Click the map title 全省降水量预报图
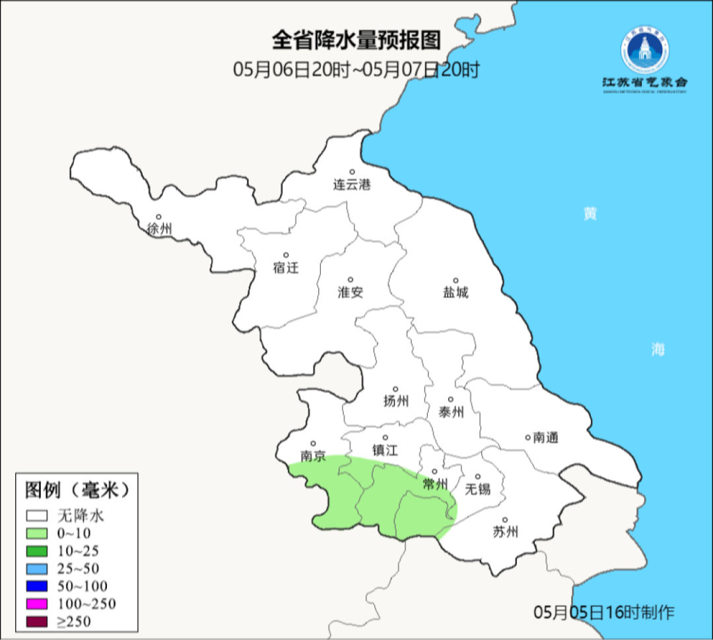point(356,40)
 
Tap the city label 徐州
point(160,229)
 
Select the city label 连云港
point(352,185)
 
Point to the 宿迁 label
point(286,267)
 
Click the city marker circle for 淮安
point(351,280)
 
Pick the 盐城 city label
point(455,292)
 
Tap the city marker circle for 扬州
point(395,389)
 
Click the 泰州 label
point(451,412)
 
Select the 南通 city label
point(546,437)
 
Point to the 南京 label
point(313,456)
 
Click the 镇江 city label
point(386,450)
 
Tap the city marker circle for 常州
point(434,472)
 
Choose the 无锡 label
point(478,489)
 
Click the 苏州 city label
point(506,532)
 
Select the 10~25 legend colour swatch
point(37,550)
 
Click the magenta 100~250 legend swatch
point(37,604)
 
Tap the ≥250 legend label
point(74,622)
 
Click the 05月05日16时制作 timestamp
point(604,612)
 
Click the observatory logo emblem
point(644,51)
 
